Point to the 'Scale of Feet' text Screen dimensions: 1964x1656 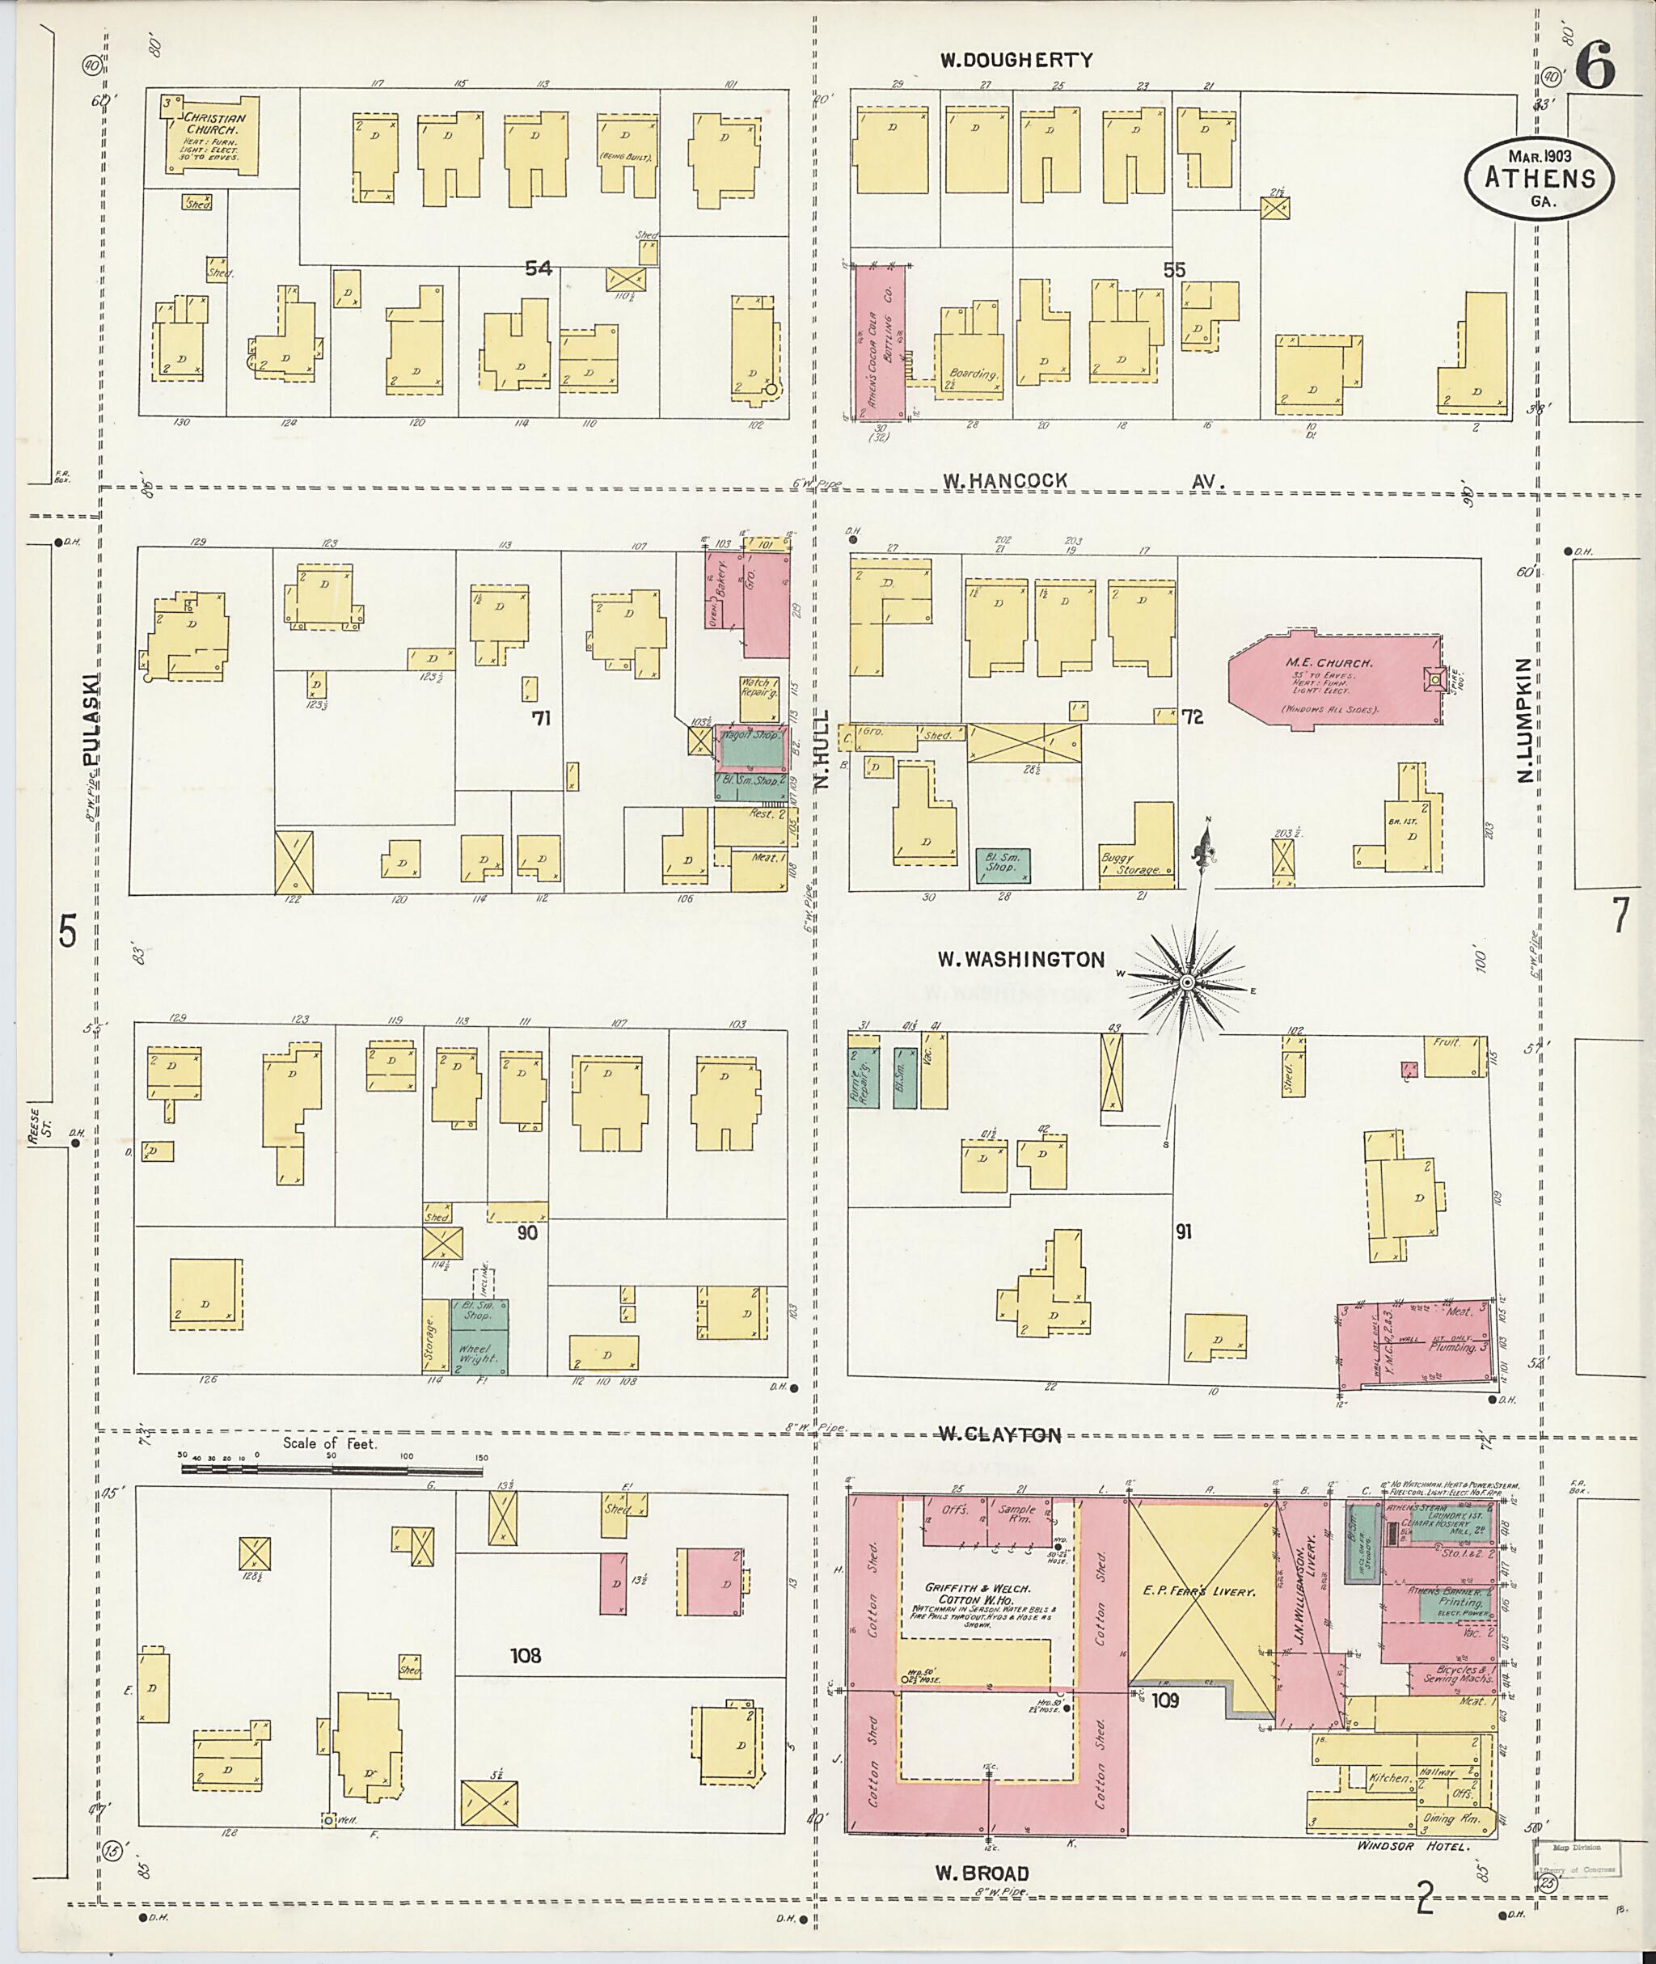[x=330, y=1443]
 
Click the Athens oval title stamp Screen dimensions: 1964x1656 [x=1539, y=180]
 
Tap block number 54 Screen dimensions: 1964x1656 [x=538, y=268]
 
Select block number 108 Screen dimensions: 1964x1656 [x=526, y=1655]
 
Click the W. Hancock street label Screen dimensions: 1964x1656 [x=1004, y=480]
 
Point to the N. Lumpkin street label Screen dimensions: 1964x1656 [x=1523, y=720]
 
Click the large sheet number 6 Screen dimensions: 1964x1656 [x=1595, y=64]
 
